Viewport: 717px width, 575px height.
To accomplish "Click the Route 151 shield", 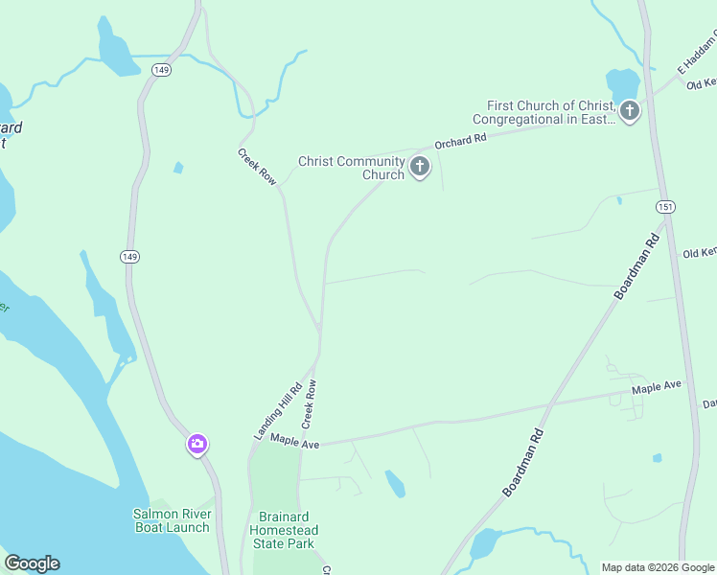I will pos(664,207).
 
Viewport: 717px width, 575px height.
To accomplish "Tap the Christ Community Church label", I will pos(351,168).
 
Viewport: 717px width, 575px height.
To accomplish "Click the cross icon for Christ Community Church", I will pos(419,168).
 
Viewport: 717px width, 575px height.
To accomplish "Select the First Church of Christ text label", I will pos(550,112).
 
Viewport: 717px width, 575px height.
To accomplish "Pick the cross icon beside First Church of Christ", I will pos(629,111).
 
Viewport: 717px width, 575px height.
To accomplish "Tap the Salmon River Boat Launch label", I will pos(171,520).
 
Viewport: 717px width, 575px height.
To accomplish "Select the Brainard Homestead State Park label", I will pos(283,530).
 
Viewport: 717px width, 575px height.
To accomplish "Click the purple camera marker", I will pos(197,444).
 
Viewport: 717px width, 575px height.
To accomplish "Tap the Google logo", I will pos(32,563).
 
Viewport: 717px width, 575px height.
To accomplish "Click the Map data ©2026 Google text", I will pos(658,567).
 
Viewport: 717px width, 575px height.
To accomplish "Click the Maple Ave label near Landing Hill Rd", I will pos(294,440).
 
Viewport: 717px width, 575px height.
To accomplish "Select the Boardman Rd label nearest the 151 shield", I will pos(636,264).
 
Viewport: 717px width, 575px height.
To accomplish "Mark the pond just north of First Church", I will pos(621,81).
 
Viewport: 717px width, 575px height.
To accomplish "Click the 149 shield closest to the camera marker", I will pos(129,256).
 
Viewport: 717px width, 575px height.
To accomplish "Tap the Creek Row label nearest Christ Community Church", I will pos(257,166).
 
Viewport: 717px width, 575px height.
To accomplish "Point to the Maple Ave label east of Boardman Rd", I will pos(656,385).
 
